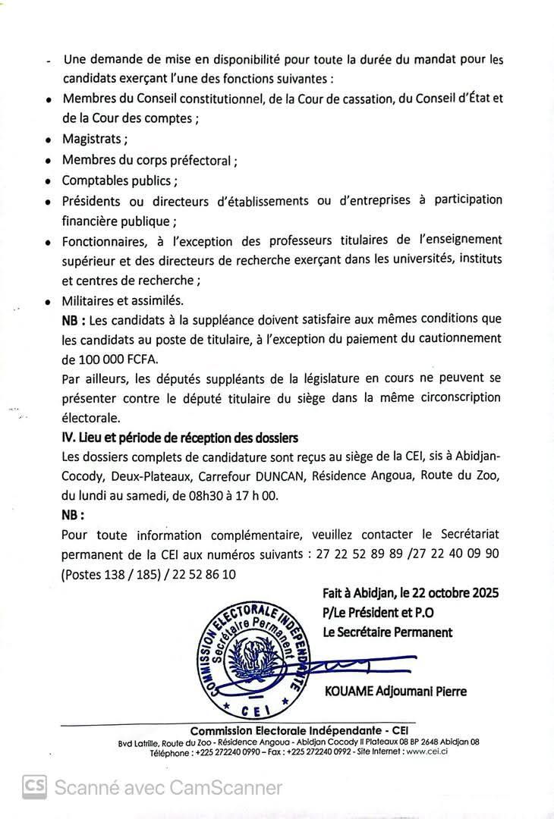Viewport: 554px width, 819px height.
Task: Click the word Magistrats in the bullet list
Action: (x=93, y=140)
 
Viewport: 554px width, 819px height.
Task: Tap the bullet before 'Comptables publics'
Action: (x=49, y=182)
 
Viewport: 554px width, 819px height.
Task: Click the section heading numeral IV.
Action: (x=67, y=438)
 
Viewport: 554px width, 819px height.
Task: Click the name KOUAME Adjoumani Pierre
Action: (x=395, y=691)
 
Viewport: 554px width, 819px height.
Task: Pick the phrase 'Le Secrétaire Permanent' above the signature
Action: (x=388, y=632)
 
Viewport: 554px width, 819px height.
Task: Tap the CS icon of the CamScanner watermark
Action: (x=34, y=787)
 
